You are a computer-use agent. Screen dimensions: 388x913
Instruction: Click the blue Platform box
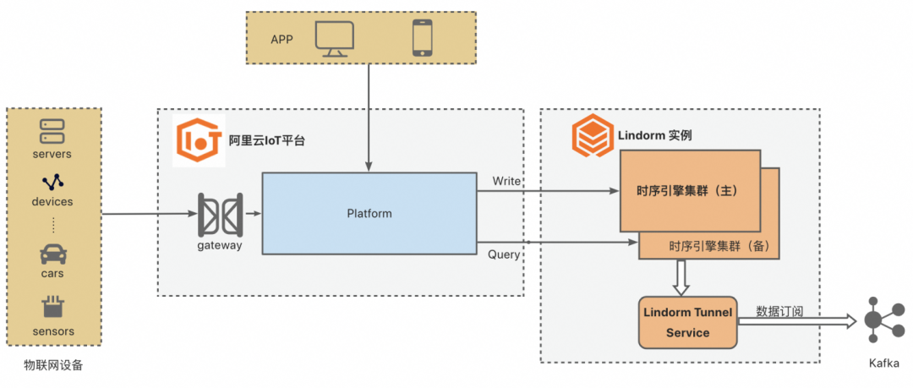[369, 213]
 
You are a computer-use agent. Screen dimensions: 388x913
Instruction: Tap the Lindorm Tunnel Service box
[687, 322]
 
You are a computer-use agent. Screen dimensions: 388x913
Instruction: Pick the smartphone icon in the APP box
[422, 38]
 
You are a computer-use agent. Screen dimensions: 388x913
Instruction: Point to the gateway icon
[220, 215]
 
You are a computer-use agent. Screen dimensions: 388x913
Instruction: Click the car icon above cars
[52, 254]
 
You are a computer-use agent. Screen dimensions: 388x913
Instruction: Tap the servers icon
[52, 132]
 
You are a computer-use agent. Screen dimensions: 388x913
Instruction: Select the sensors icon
[52, 308]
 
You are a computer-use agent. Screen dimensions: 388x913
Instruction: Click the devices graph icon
[52, 182]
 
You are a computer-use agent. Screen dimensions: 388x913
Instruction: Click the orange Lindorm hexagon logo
[592, 134]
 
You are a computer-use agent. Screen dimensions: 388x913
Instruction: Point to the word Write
[506, 181]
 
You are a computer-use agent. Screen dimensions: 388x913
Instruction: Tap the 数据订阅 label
[779, 311]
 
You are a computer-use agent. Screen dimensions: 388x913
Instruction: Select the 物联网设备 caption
[54, 365]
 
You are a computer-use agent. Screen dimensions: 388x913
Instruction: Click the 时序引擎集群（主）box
[689, 190]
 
